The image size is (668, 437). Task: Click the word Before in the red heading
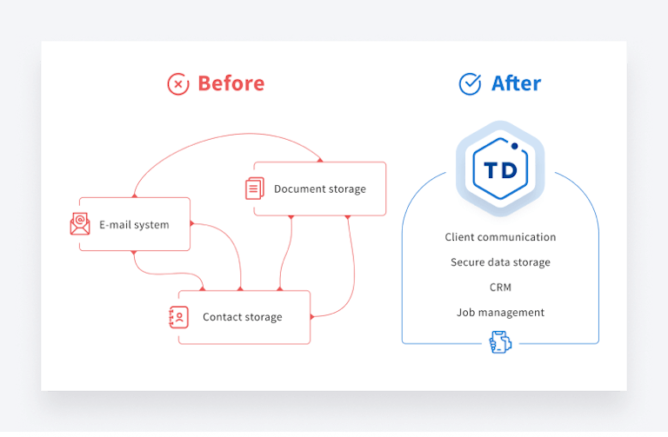pos(230,83)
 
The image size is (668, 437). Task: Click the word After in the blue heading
pos(516,83)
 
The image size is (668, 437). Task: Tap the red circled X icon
pos(178,83)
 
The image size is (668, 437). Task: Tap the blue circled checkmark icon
pos(470,83)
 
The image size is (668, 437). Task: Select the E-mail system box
pos(135,224)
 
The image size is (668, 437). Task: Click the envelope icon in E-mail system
pos(80,224)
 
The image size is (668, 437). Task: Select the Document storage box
pos(319,189)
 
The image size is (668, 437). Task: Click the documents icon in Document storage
pos(255,189)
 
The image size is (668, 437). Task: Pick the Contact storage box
pos(244,317)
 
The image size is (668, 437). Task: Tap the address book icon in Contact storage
pos(179,317)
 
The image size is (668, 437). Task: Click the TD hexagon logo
pos(499,168)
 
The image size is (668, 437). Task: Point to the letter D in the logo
pos(510,169)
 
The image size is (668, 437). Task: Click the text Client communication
pos(500,237)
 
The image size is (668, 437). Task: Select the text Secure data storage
pos(500,262)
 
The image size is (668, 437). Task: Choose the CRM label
pos(500,288)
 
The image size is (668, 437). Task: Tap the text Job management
pos(500,313)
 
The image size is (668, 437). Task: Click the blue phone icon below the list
pos(499,343)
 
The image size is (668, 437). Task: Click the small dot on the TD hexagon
pos(515,146)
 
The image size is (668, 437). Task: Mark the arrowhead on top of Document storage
pos(320,160)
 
